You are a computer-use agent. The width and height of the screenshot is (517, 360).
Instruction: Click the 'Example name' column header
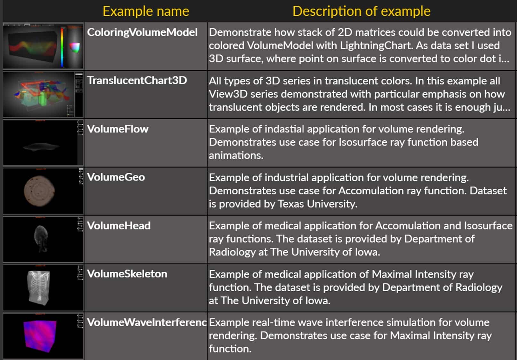(x=146, y=11)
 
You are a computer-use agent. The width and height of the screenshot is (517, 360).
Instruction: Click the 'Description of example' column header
(x=361, y=11)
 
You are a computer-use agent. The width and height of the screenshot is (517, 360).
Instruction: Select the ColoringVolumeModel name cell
(x=142, y=32)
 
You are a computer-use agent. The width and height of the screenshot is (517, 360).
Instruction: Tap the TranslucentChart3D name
(x=137, y=80)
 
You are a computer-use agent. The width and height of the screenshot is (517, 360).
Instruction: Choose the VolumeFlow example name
(x=118, y=129)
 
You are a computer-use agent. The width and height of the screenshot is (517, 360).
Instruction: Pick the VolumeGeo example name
(x=116, y=177)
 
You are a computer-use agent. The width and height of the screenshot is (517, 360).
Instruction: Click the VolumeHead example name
(x=119, y=226)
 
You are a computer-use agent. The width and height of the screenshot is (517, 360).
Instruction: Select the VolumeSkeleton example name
(x=127, y=274)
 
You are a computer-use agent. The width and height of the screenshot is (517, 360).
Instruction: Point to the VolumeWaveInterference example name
(x=147, y=322)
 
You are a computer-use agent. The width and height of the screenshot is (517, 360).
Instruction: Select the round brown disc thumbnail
(x=39, y=191)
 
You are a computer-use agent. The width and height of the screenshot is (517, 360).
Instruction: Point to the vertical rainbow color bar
(x=62, y=46)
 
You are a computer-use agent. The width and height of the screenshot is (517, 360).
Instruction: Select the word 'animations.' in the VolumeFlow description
(x=236, y=155)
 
